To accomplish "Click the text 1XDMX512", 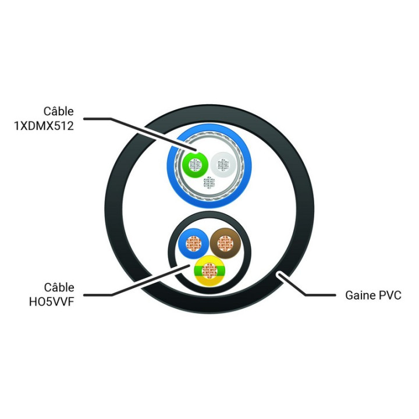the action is coord(44,126).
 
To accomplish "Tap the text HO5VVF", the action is coord(51,302).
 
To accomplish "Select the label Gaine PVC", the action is coord(373,295).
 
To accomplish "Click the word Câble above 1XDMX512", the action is coord(59,111).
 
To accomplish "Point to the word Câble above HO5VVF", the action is coord(59,287).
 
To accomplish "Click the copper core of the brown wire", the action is coord(225,243).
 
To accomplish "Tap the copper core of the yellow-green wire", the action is coord(210,271).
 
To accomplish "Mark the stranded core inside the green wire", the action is coord(195,165).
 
